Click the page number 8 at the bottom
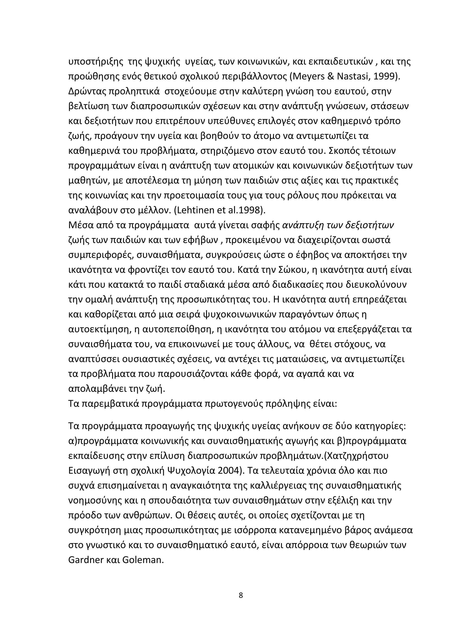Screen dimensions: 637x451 [240, 595]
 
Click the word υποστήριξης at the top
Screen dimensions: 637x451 [96, 62]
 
